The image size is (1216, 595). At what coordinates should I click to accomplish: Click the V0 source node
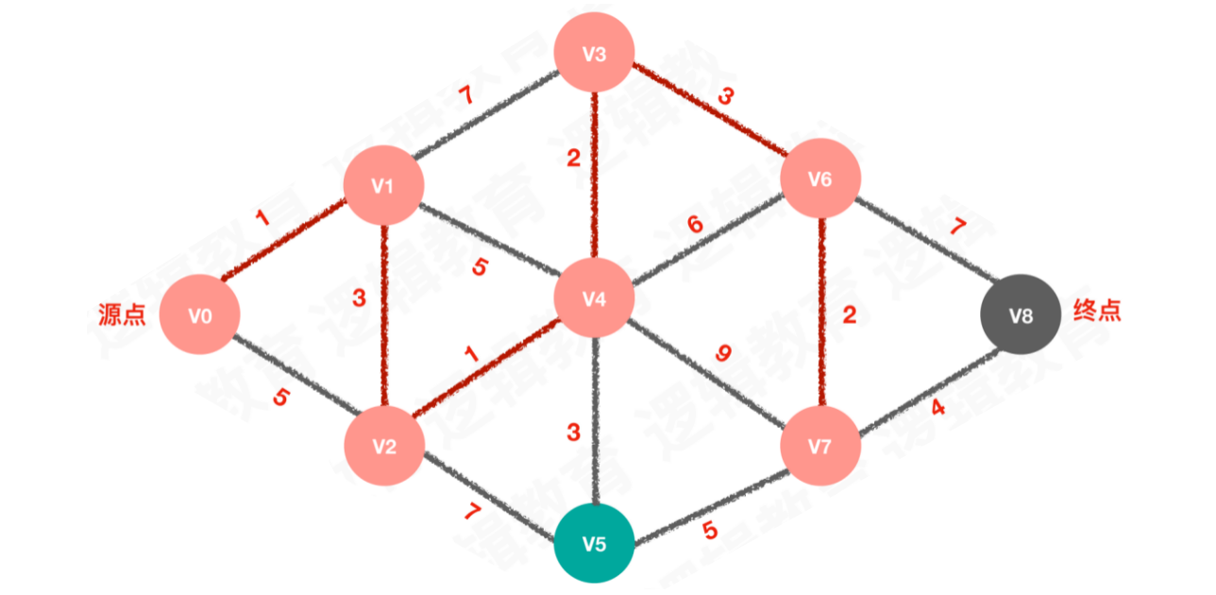(x=198, y=315)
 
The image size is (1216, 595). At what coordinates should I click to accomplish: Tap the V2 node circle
(x=382, y=447)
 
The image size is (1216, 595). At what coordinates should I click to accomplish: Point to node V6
(x=819, y=179)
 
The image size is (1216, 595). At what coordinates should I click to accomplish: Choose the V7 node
(x=820, y=445)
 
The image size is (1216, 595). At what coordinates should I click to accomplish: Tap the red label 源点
(x=123, y=314)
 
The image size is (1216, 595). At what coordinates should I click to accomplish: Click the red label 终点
(x=1098, y=311)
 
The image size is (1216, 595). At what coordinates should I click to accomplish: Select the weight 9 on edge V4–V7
(x=723, y=355)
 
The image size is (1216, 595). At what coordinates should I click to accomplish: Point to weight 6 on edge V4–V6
(x=696, y=225)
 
